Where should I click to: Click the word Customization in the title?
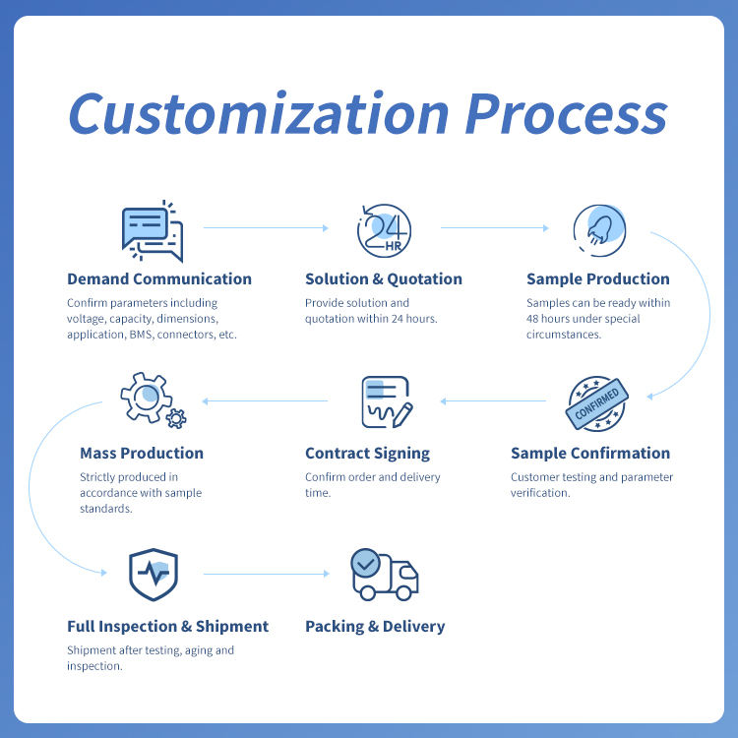259,113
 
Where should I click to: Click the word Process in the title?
567,113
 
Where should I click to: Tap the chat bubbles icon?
152,230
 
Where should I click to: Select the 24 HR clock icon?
384,230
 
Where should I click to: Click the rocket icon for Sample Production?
599,230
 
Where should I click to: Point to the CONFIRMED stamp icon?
597,403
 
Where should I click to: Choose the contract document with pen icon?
387,401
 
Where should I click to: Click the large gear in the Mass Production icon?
146,398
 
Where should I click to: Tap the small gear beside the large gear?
176,418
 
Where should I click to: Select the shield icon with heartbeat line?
154,575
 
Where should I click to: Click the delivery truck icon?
385,575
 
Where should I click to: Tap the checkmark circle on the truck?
366,563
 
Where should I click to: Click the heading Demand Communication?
159,278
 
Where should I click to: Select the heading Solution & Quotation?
384,278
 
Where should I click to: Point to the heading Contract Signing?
368,453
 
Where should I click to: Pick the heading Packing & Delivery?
375,626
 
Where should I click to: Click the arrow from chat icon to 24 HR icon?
266,228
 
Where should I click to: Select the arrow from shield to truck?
267,574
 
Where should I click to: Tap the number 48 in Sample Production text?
532,319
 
